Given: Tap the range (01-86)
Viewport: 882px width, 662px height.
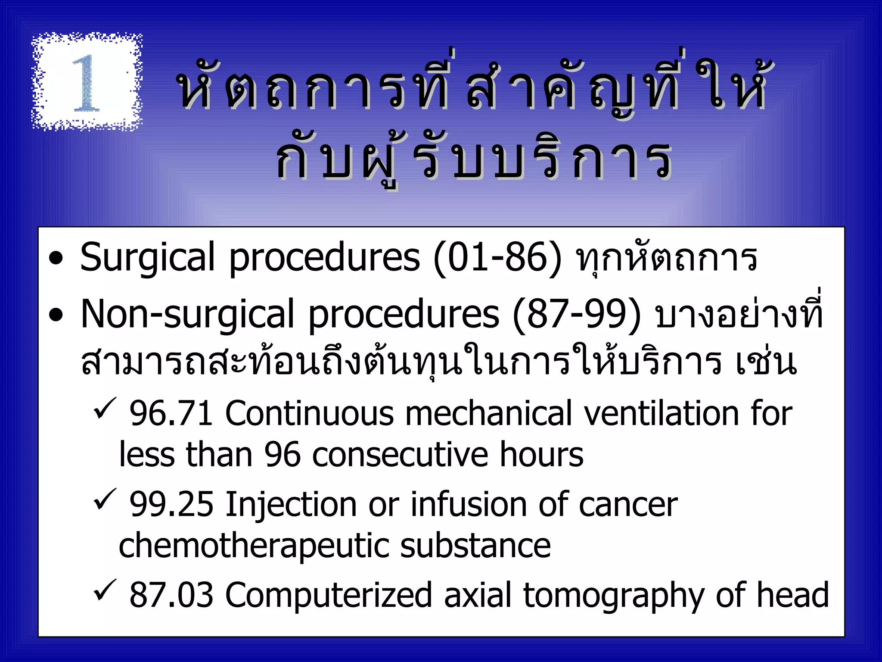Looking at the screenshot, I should pyautogui.click(x=497, y=259).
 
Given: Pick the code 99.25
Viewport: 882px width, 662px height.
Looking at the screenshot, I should pyautogui.click(x=171, y=505).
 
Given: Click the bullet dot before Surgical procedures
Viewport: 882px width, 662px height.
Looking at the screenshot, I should pyautogui.click(x=56, y=260).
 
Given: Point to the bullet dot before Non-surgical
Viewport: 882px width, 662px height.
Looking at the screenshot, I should pyautogui.click(x=56, y=316).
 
